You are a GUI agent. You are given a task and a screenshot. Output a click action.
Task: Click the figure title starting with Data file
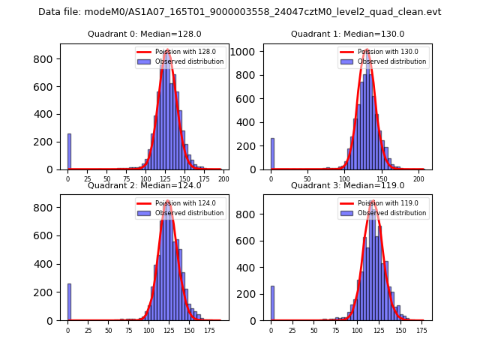tap(240, 12)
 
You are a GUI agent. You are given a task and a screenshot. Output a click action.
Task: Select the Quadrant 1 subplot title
tap(347, 34)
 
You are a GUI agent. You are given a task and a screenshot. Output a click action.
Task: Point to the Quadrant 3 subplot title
tap(347, 185)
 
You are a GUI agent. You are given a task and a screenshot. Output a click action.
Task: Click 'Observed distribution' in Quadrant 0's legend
tap(193, 61)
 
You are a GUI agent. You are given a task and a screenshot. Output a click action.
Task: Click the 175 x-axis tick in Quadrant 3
tap(421, 329)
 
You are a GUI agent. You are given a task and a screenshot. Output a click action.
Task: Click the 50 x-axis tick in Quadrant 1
tap(307, 179)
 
